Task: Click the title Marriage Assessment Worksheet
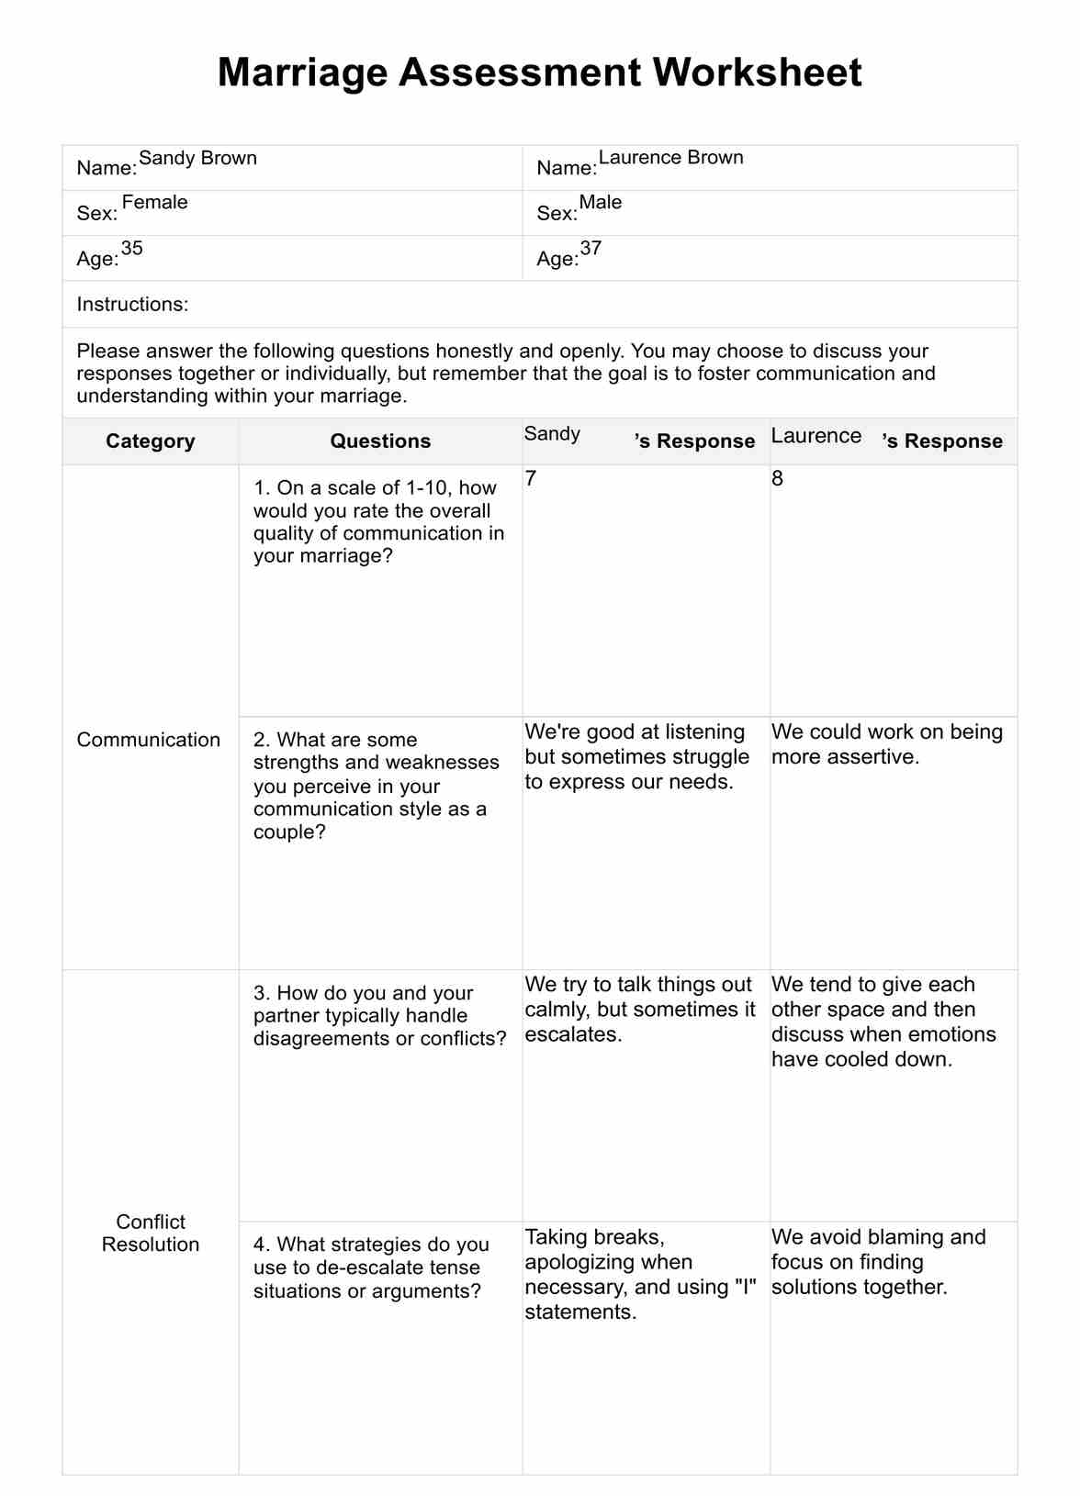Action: pyautogui.click(x=539, y=73)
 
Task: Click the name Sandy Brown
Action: pyautogui.click(x=197, y=158)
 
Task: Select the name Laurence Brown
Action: pyautogui.click(x=670, y=158)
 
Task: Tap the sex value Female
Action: pyautogui.click(x=154, y=203)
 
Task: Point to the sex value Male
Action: pyautogui.click(x=601, y=203)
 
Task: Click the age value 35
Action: pyautogui.click(x=132, y=249)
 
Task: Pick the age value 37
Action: pyautogui.click(x=591, y=249)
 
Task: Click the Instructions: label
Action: pyautogui.click(x=132, y=305)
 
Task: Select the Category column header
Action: pyautogui.click(x=151, y=441)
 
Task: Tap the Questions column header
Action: pyautogui.click(x=380, y=441)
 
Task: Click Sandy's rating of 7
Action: pyautogui.click(x=531, y=479)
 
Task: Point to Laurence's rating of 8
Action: pyautogui.click(x=777, y=479)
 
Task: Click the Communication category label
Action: pyautogui.click(x=149, y=740)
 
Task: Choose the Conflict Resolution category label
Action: pyautogui.click(x=151, y=1233)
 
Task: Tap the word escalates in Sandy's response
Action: pyautogui.click(x=573, y=1035)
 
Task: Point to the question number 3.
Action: pyautogui.click(x=261, y=993)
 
